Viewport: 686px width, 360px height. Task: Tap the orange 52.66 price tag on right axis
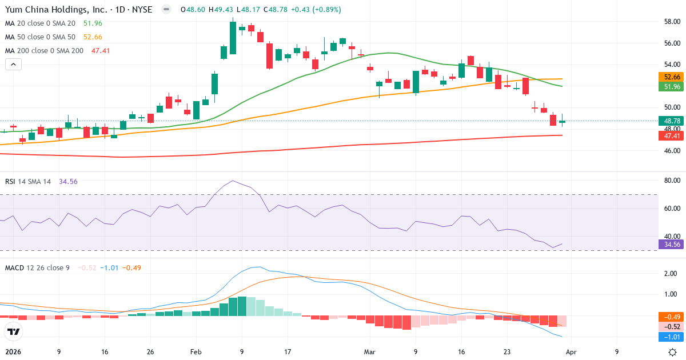click(x=672, y=77)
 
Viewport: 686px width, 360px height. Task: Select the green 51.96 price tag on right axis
click(x=672, y=87)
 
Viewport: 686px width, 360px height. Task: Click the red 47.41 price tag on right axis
click(x=672, y=135)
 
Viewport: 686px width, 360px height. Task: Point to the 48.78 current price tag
click(x=672, y=121)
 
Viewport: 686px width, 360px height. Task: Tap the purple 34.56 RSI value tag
click(x=672, y=244)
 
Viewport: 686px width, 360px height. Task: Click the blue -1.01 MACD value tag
click(x=672, y=337)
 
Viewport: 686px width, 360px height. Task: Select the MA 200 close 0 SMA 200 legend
click(x=45, y=51)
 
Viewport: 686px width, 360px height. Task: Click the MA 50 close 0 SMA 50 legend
click(x=41, y=37)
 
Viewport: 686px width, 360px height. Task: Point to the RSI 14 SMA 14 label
click(x=28, y=181)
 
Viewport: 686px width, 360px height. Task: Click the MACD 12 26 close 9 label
click(x=37, y=267)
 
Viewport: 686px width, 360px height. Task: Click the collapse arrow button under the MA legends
click(x=13, y=65)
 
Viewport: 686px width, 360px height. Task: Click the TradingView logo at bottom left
click(x=14, y=331)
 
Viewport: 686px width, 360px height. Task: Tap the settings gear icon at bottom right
click(x=673, y=352)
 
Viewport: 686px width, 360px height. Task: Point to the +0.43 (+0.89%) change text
click(x=317, y=10)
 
